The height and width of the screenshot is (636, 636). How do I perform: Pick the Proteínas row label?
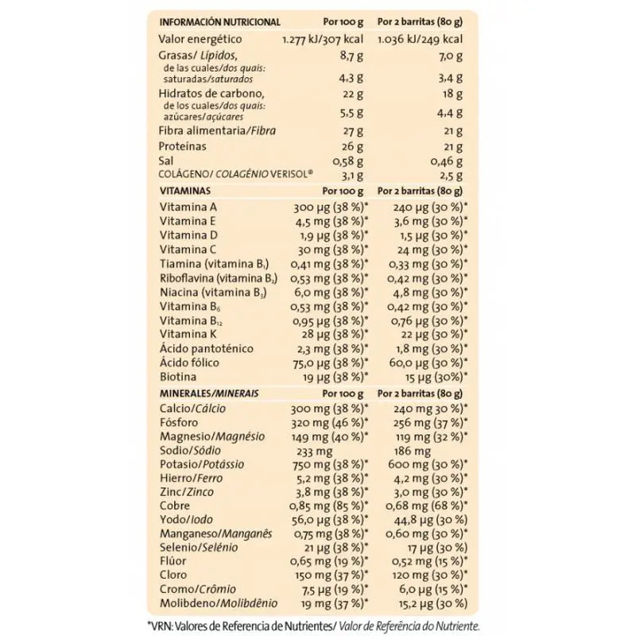click(184, 146)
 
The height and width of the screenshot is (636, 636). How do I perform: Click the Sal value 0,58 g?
click(347, 161)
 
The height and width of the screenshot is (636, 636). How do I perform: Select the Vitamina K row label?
click(188, 334)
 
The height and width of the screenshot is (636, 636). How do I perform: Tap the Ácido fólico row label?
click(192, 363)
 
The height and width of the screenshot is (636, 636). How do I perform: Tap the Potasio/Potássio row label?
click(202, 464)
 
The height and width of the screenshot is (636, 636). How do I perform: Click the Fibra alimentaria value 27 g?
click(352, 130)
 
